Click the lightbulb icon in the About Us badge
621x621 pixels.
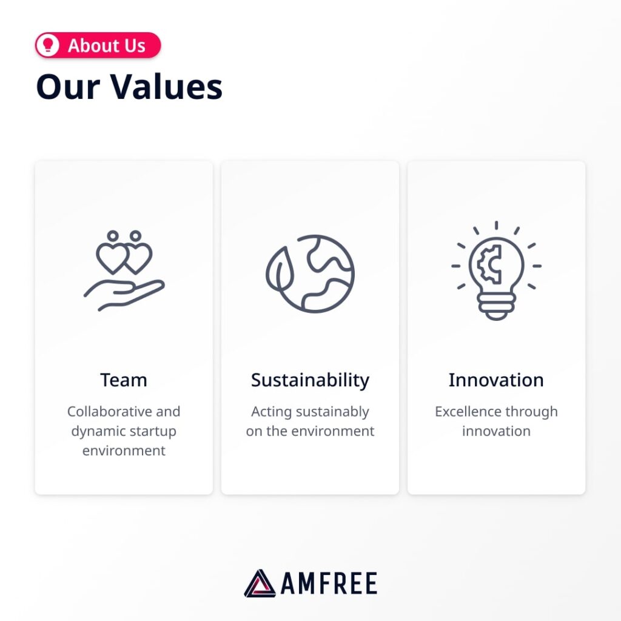pyautogui.click(x=47, y=45)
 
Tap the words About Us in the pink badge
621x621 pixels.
pyautogui.click(x=107, y=45)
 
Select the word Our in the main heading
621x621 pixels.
pyautogui.click(x=68, y=87)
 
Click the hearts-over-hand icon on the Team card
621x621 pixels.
pyautogui.click(x=124, y=270)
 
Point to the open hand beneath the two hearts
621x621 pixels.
pyautogui.click(x=124, y=295)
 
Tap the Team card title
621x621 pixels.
pyautogui.click(x=124, y=380)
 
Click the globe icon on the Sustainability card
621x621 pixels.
pyautogui.click(x=310, y=274)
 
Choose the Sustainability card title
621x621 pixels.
pyautogui.click(x=310, y=381)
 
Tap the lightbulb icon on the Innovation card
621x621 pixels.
pyautogui.click(x=496, y=271)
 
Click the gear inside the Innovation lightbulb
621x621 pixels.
pyautogui.click(x=490, y=264)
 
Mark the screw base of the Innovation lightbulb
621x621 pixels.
pyautogui.click(x=496, y=306)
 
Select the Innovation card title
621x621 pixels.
pyautogui.click(x=496, y=380)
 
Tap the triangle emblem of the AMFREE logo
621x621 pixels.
pyautogui.click(x=260, y=583)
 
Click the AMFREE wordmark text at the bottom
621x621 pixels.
pyautogui.click(x=329, y=583)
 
